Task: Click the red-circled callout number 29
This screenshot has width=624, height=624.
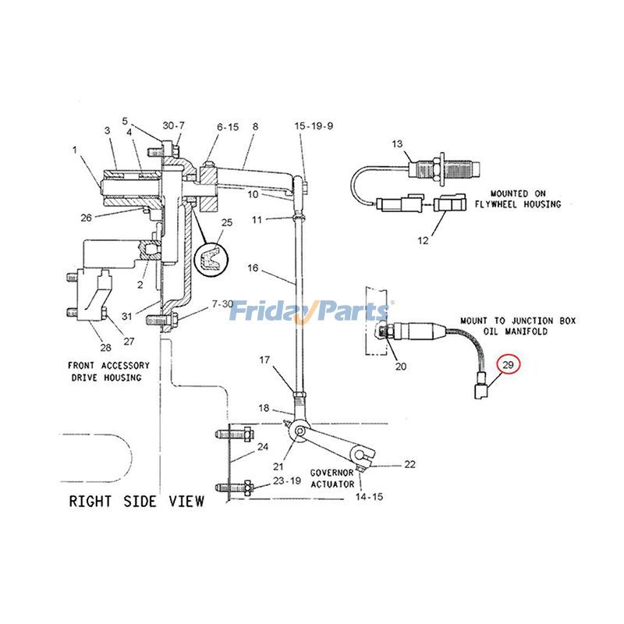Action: coord(509,364)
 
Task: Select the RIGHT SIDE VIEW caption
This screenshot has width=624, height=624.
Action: coord(136,501)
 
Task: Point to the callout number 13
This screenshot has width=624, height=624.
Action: coord(397,144)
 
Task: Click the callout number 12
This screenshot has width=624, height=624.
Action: coord(423,240)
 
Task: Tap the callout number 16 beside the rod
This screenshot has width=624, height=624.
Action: coord(253,268)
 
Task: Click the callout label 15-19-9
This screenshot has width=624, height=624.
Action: coord(314,126)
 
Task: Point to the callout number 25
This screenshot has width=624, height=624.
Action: coord(227,223)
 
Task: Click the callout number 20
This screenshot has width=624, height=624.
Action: coord(401,367)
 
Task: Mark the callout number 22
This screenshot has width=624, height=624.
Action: coord(409,465)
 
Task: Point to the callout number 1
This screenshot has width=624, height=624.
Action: coord(75,149)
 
